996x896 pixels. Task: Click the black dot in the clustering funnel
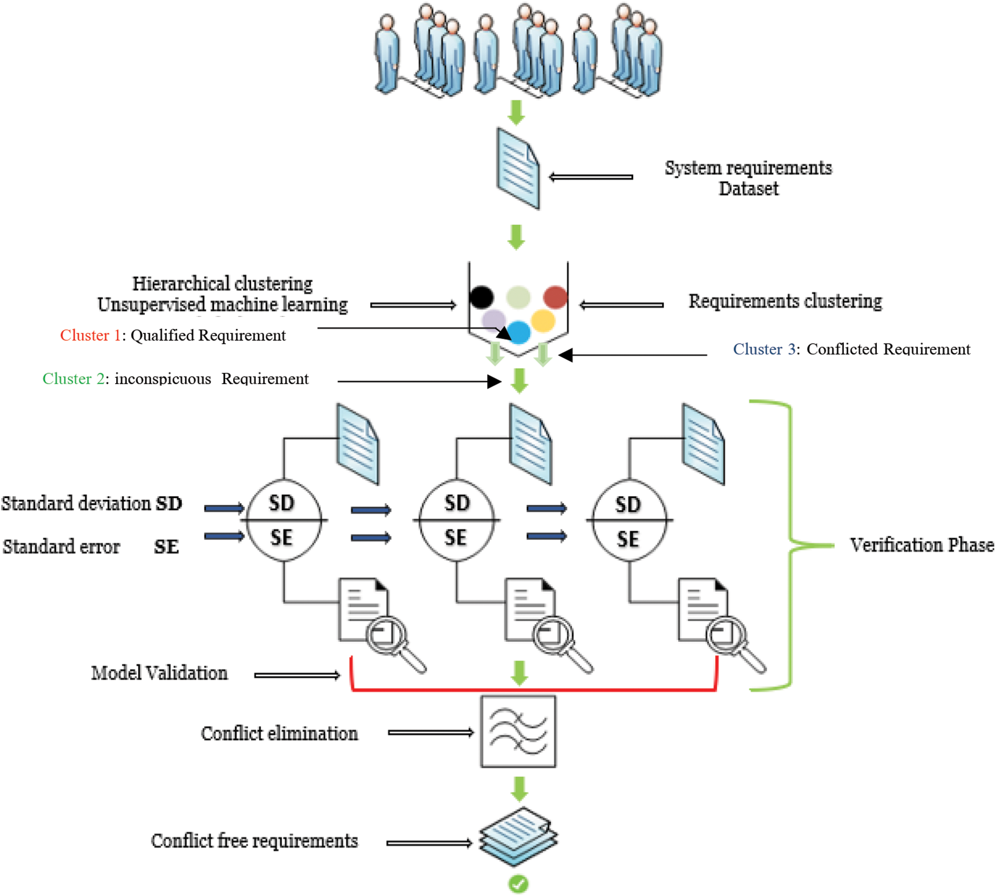click(x=481, y=296)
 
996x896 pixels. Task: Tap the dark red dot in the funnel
click(x=555, y=296)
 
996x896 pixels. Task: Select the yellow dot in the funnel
click(x=542, y=320)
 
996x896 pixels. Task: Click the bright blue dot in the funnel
click(x=519, y=332)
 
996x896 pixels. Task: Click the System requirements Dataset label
click(x=748, y=178)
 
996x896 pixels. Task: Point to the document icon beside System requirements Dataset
click(x=517, y=168)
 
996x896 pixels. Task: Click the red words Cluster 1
click(x=90, y=335)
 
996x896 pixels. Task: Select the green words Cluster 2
click(x=73, y=379)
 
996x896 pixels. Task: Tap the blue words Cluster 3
click(x=764, y=349)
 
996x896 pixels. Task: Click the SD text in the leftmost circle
click(x=281, y=503)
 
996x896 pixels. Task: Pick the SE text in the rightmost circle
click(x=627, y=539)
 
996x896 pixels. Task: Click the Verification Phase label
click(x=921, y=545)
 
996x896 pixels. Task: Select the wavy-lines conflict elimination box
click(x=518, y=731)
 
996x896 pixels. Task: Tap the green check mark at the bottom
click(x=518, y=883)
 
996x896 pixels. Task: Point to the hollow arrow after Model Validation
click(x=296, y=675)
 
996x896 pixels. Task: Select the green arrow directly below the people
click(x=516, y=112)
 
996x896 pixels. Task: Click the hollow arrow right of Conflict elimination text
click(x=430, y=732)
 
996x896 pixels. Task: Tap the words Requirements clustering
click(x=785, y=301)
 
